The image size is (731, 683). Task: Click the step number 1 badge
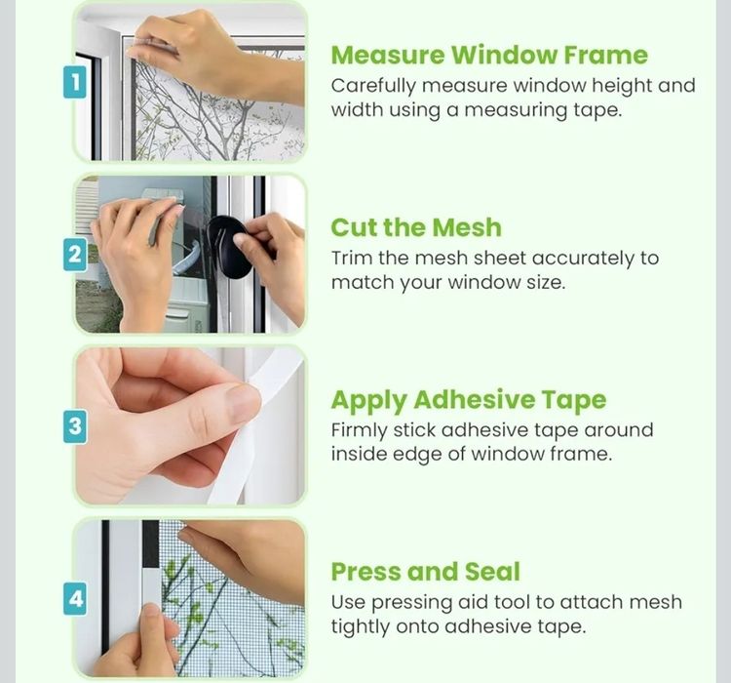point(75,82)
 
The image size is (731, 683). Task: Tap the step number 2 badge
point(75,255)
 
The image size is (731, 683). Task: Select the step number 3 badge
point(75,426)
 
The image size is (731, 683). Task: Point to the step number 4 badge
point(75,598)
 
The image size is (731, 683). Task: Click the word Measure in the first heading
point(388,55)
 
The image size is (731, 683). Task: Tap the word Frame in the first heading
point(606,55)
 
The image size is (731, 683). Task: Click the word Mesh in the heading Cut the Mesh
point(467,227)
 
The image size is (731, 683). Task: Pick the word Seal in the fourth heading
point(492,572)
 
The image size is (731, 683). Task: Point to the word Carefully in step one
point(373,87)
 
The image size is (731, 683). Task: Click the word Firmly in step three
point(359,431)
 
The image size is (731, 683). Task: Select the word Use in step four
point(348,603)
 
